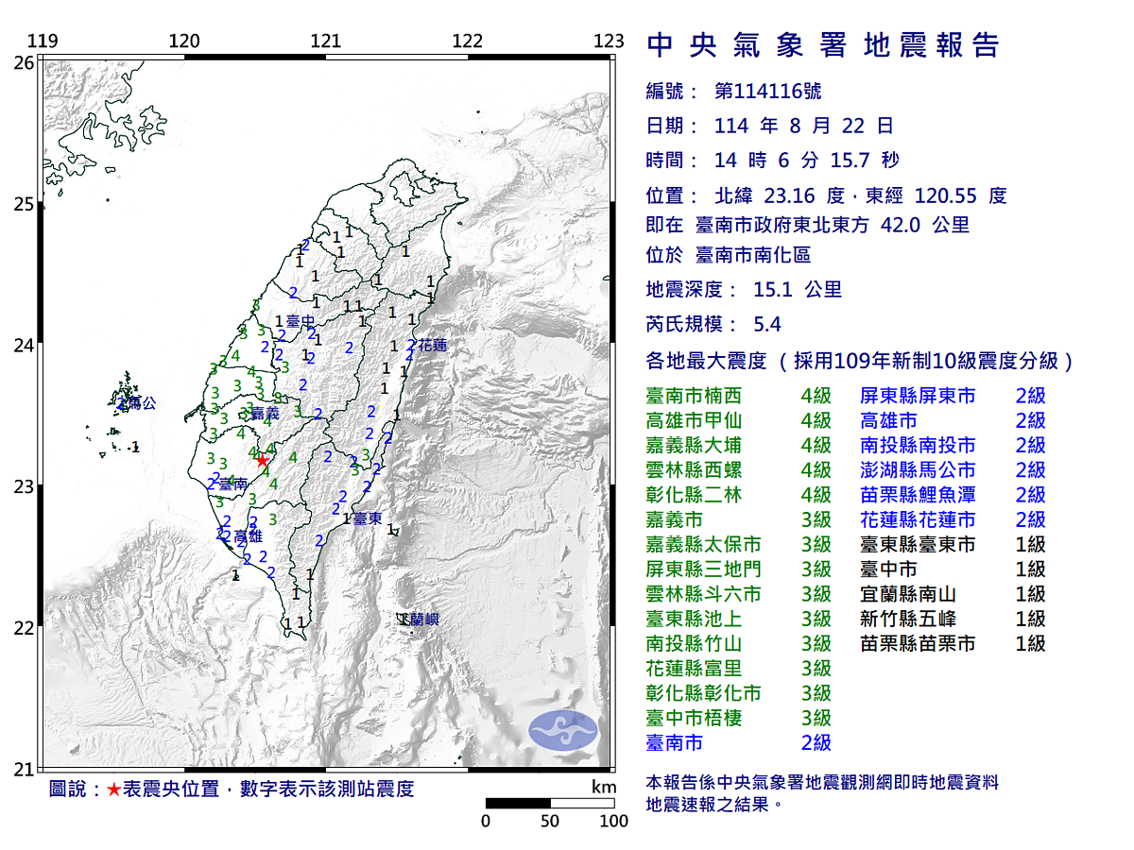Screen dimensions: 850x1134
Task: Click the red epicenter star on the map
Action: [262, 460]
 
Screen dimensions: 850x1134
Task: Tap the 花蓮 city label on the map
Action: [432, 346]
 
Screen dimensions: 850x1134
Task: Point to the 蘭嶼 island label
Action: [421, 620]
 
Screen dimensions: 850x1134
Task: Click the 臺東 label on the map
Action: [368, 518]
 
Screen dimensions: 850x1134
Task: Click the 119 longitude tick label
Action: [43, 42]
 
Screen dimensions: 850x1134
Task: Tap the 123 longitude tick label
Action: [610, 42]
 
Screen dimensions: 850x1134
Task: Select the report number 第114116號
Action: [768, 92]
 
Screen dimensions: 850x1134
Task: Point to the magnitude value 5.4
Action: [767, 325]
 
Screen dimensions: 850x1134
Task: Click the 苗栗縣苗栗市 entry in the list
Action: [918, 643]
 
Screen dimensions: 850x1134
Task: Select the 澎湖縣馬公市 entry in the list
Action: [918, 470]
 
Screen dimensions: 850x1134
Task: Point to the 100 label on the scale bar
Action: [613, 821]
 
